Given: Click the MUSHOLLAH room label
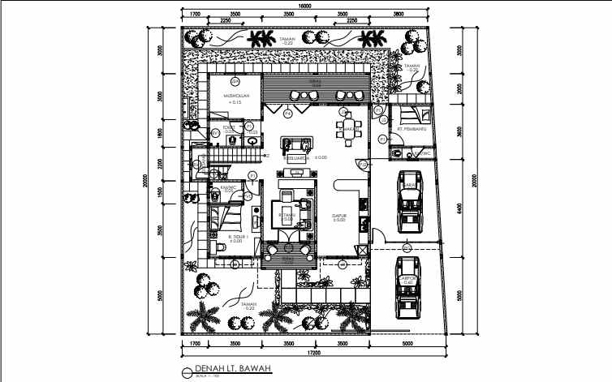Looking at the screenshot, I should (x=235, y=95).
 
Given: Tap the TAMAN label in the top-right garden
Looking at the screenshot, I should (x=412, y=67).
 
